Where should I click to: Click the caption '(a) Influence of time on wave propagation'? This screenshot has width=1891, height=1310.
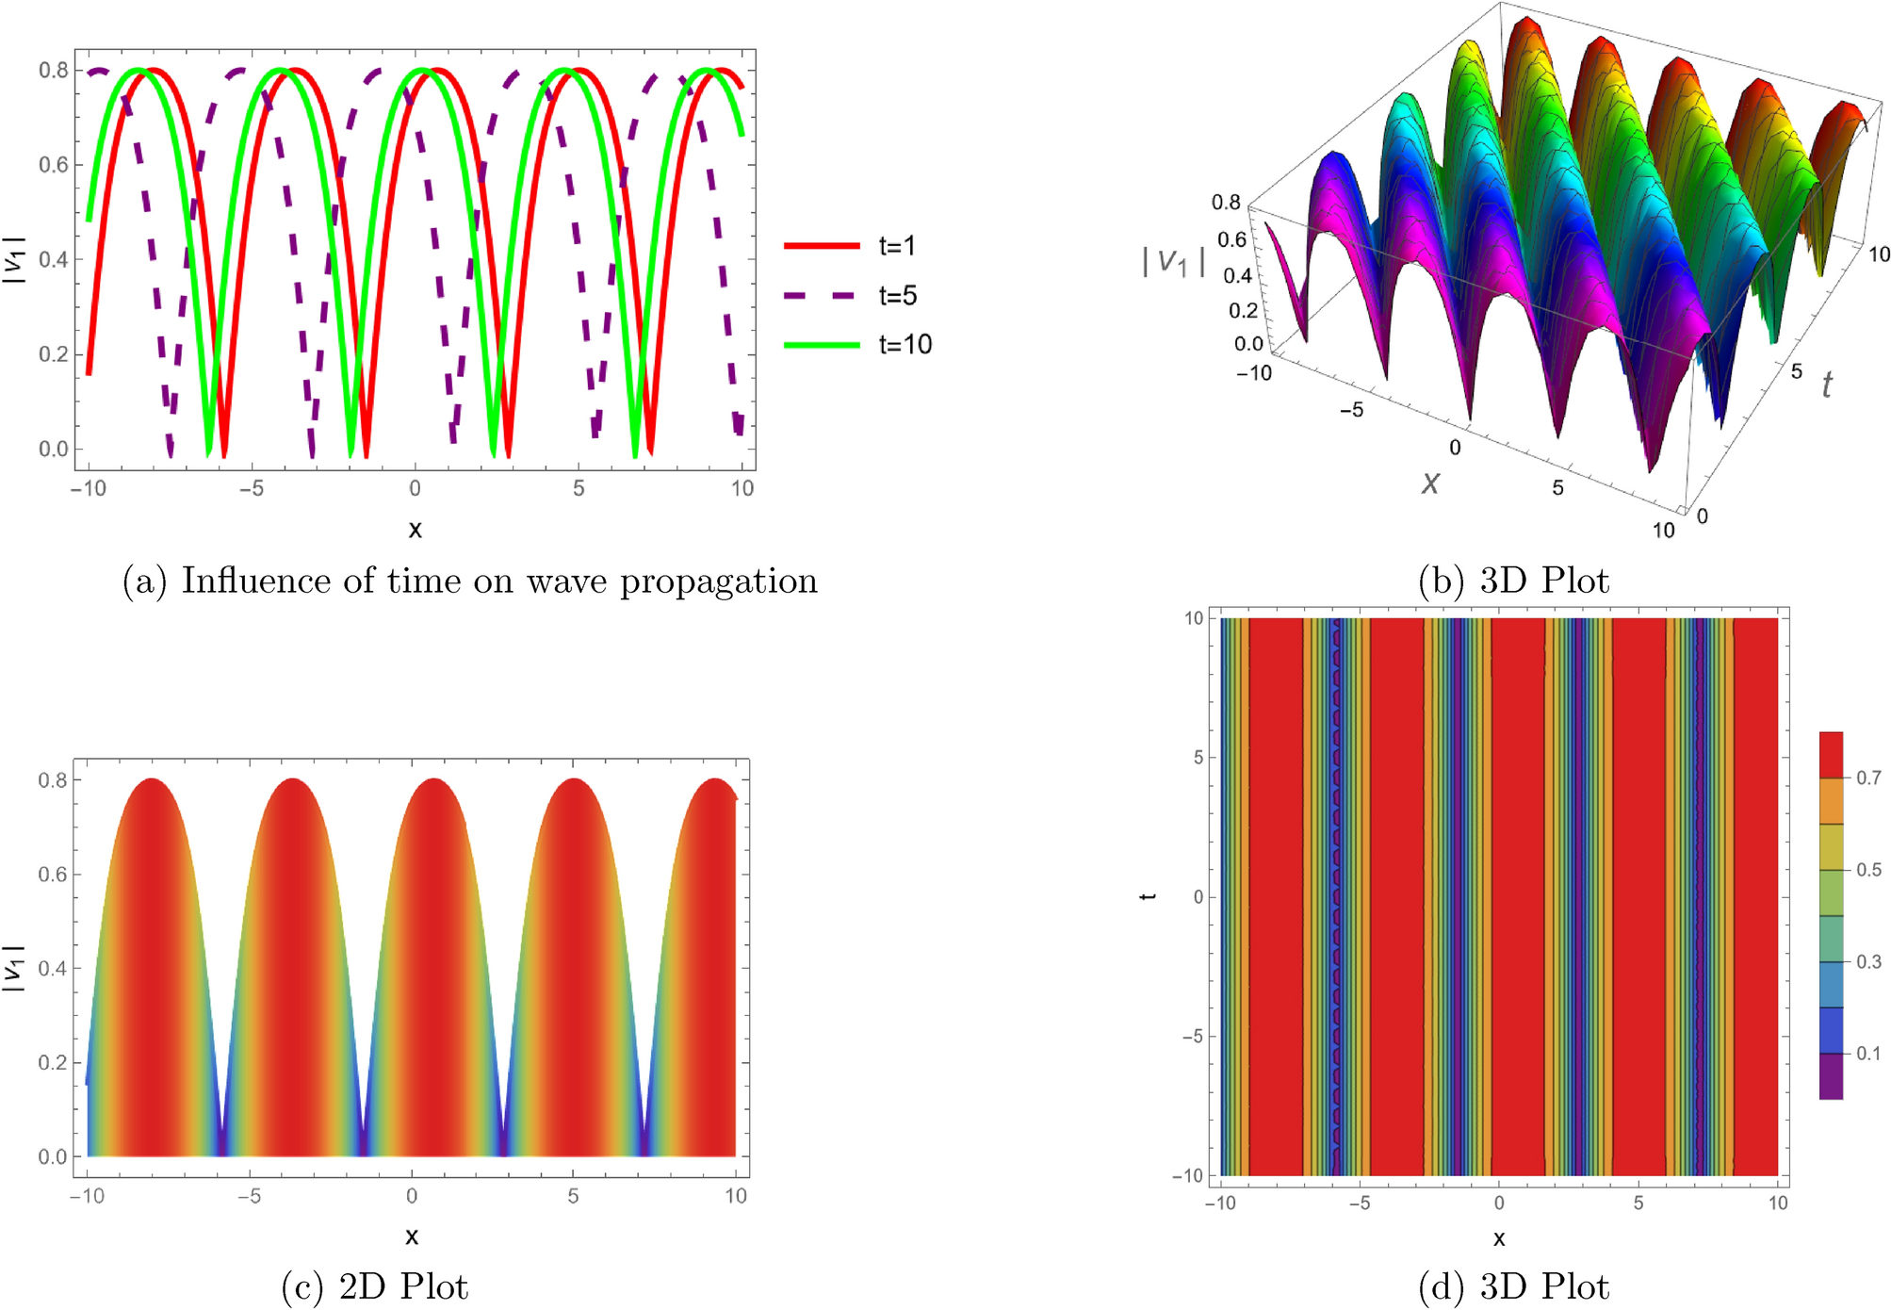[x=470, y=581]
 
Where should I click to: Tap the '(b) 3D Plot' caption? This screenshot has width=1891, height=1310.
[x=1513, y=581]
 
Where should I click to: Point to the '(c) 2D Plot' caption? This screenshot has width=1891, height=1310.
[x=374, y=1286]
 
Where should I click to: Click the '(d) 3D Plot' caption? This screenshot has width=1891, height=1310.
[x=1513, y=1286]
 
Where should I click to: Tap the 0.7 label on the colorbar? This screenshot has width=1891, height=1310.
[x=1868, y=778]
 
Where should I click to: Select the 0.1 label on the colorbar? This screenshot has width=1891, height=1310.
[x=1868, y=1053]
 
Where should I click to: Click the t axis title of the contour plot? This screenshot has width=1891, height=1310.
[x=1148, y=895]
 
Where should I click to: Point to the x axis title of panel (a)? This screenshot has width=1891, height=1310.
[x=415, y=529]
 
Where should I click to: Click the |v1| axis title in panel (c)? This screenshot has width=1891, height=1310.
[x=14, y=968]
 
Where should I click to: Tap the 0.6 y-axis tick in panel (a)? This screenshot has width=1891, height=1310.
[x=53, y=165]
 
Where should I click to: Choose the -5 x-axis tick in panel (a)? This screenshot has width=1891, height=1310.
[x=251, y=488]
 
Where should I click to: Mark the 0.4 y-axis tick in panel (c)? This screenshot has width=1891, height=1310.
[x=53, y=968]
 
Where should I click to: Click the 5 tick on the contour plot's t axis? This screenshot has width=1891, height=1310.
[x=1198, y=757]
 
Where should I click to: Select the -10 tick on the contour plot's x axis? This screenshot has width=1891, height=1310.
[x=1220, y=1203]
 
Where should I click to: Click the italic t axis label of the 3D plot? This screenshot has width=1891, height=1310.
[x=1827, y=385]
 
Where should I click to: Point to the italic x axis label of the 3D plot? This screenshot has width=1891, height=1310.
[x=1430, y=483]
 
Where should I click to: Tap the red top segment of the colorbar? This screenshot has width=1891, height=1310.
[x=1831, y=754]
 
